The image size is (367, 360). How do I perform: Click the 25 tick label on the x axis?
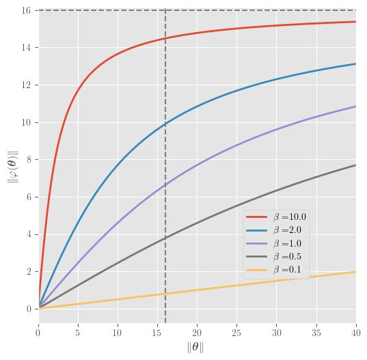coord(236,331)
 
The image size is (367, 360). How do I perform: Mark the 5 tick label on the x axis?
coord(78,331)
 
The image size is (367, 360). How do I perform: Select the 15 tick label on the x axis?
coord(157,331)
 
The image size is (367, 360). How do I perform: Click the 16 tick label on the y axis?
coord(26,10)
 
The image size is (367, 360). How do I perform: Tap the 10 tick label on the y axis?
coord(26,122)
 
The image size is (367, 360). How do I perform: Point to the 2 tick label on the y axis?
coord(28,272)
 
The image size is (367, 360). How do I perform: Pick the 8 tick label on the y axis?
coord(28,160)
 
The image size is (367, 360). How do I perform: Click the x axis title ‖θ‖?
coord(197,347)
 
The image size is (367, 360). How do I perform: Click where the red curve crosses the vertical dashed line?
coord(165,39)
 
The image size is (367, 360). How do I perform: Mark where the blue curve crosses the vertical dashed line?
coord(165,124)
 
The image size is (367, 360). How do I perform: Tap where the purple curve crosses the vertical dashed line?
coord(165,186)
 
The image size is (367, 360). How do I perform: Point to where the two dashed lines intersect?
coord(165,10)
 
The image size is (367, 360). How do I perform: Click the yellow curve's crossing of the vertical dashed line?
coord(165,294)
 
